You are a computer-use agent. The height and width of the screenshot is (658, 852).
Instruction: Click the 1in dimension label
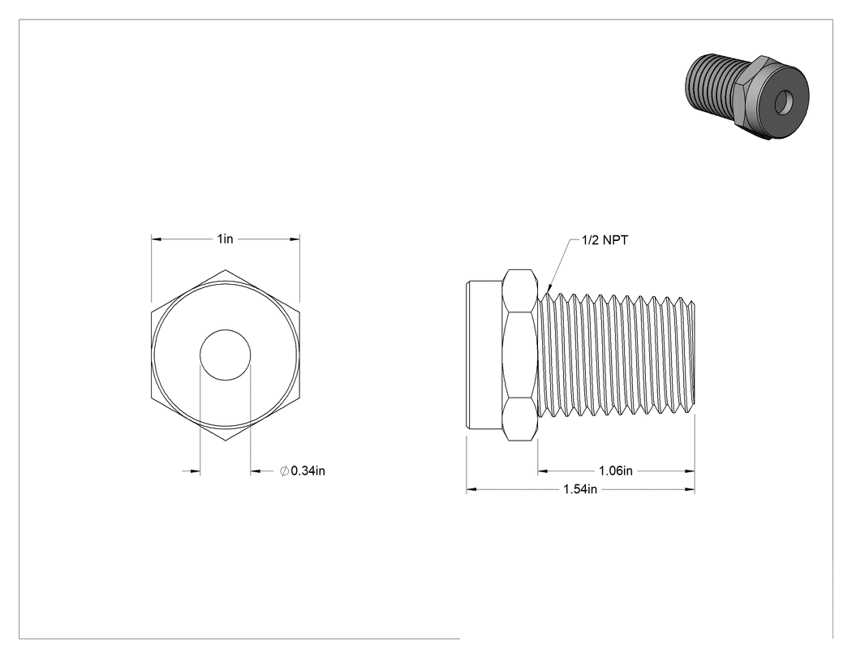[225, 239]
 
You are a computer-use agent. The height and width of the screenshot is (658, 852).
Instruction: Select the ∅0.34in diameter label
[303, 471]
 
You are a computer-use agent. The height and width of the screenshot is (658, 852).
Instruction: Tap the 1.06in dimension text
[616, 471]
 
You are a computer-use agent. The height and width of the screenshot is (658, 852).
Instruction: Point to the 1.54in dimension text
[580, 489]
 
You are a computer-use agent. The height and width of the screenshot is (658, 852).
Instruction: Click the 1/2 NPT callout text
[605, 240]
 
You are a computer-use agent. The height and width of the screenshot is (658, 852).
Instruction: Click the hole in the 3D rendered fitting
[782, 103]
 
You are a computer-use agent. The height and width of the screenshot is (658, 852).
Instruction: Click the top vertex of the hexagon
[225, 269]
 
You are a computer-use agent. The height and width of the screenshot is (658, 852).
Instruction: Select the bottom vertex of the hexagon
[225, 441]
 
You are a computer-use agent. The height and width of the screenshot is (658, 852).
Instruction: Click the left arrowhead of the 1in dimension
[157, 239]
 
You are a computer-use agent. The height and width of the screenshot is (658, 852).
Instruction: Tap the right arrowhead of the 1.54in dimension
[689, 489]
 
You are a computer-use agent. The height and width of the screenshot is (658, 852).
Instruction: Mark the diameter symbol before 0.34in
[284, 471]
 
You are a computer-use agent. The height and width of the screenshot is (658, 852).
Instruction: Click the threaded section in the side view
[616, 356]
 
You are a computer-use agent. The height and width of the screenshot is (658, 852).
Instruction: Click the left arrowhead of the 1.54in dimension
[471, 489]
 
